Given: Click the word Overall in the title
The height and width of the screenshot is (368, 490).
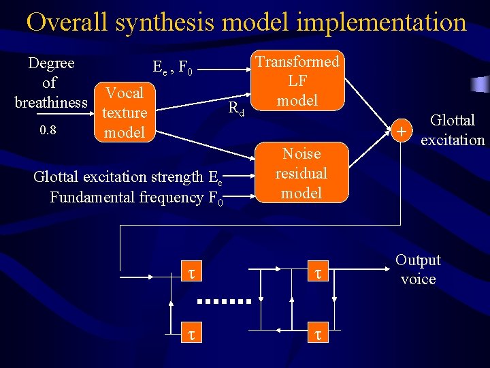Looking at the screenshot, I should [66, 22].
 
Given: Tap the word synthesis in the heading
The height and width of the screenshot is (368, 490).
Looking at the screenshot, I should [165, 23].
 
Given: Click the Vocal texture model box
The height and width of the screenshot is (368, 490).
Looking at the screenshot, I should [124, 112].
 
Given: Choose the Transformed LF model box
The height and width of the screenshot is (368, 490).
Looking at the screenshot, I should [297, 80].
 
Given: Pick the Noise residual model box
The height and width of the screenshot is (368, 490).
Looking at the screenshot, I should [301, 173].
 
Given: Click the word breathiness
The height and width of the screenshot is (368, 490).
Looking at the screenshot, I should [52, 102].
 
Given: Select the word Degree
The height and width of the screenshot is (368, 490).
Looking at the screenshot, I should [51, 63].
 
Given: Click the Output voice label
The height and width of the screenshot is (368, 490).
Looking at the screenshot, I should [418, 269].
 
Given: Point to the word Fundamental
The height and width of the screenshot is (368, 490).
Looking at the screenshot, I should [93, 198].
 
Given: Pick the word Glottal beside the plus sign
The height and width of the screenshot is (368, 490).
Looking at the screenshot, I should [453, 121].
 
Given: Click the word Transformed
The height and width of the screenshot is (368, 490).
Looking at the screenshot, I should [297, 61].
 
